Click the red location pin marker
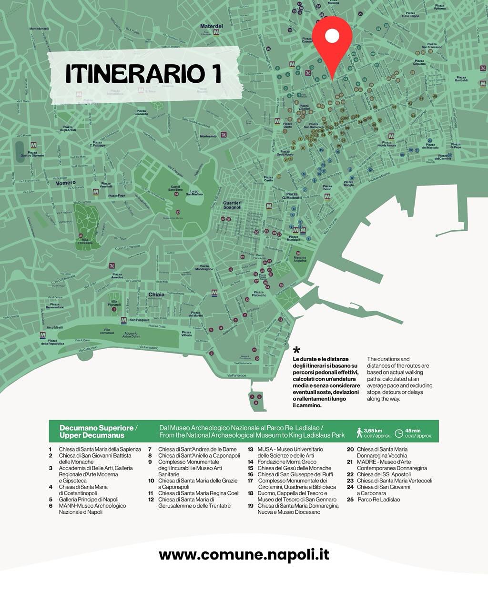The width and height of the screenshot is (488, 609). point(332,43)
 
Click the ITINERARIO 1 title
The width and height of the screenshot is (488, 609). point(143,74)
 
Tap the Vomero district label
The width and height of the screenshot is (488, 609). point(66,183)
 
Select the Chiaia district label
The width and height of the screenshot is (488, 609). point(156,295)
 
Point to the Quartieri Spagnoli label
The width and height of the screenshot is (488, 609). point(233,205)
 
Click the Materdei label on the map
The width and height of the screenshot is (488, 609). point(212,26)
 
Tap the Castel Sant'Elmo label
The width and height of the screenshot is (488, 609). point(175,188)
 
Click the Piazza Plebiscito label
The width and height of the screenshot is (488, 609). point(259,294)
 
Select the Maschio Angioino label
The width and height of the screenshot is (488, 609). point(300,259)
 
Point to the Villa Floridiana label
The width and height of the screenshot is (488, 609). point(85,242)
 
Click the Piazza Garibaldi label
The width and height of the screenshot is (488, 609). point(461,79)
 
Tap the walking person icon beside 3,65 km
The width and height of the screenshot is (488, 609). point(360,432)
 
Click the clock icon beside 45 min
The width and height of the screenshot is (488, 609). point(399,433)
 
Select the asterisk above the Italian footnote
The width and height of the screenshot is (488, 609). point(296,351)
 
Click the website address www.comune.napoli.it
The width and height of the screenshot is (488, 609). point(244,555)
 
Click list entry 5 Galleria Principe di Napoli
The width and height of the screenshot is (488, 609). point(88,500)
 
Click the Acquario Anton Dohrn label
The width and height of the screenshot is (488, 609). point(131,335)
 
